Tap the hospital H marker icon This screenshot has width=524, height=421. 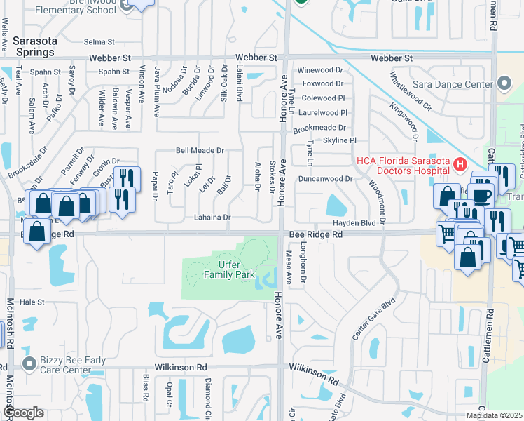[x=460, y=166]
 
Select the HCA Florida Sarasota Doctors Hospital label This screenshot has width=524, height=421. [x=402, y=165]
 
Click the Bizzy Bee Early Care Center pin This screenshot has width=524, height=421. [x=29, y=363]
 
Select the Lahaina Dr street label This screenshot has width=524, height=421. [x=212, y=218]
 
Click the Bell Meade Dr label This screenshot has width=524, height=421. [x=200, y=150]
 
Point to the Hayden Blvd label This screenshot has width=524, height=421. [x=354, y=222]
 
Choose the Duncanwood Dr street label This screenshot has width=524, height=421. [x=324, y=179]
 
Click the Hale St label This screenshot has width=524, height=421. [x=32, y=302]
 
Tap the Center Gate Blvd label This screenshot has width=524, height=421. [x=369, y=323]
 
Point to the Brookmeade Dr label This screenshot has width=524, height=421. [x=319, y=128]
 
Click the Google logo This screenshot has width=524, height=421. [x=24, y=413]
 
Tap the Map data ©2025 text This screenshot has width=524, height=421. [x=495, y=415]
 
